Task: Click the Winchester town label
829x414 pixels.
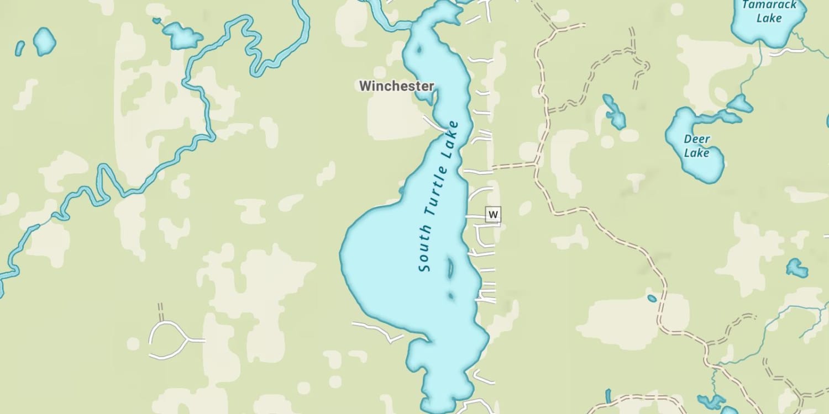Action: pos(396,86)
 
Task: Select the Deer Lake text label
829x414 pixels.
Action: pos(696,146)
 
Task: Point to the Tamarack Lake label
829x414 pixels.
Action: pos(769,12)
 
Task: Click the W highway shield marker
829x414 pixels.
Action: pos(493,214)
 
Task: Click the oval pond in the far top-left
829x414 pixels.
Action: pos(44,41)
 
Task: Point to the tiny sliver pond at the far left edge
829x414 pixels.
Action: pos(19,48)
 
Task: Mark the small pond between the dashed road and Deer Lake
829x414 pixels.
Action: pos(614,112)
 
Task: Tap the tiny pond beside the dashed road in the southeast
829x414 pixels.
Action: pos(652,299)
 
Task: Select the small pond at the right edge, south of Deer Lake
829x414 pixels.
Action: pos(796,268)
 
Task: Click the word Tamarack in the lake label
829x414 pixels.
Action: pos(769,5)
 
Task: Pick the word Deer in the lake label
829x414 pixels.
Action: pos(697,139)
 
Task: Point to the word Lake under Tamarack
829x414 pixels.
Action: pos(769,18)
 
